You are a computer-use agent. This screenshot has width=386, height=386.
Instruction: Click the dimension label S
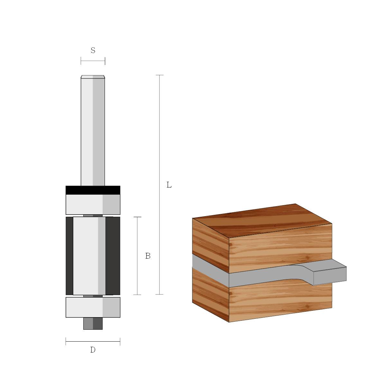93,51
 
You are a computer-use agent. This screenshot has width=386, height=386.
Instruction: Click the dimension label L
169,185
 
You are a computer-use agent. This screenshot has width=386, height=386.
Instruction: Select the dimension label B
148,256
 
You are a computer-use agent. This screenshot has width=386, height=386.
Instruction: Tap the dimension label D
93,350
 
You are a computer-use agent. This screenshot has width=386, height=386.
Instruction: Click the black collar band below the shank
93,190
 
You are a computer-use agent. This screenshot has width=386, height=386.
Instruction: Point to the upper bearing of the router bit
93,205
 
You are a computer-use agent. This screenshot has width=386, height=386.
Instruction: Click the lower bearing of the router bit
93,307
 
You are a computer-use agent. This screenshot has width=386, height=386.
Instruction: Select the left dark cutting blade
69,256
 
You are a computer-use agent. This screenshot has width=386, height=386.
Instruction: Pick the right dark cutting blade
113,256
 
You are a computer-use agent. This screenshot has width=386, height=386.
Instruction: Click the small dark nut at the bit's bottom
93,324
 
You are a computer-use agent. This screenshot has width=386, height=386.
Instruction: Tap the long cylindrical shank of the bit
93,132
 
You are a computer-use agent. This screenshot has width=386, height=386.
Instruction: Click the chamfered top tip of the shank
93,77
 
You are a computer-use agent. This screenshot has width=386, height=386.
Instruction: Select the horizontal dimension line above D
93,341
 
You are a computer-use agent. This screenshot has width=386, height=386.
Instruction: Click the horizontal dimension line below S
93,60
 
